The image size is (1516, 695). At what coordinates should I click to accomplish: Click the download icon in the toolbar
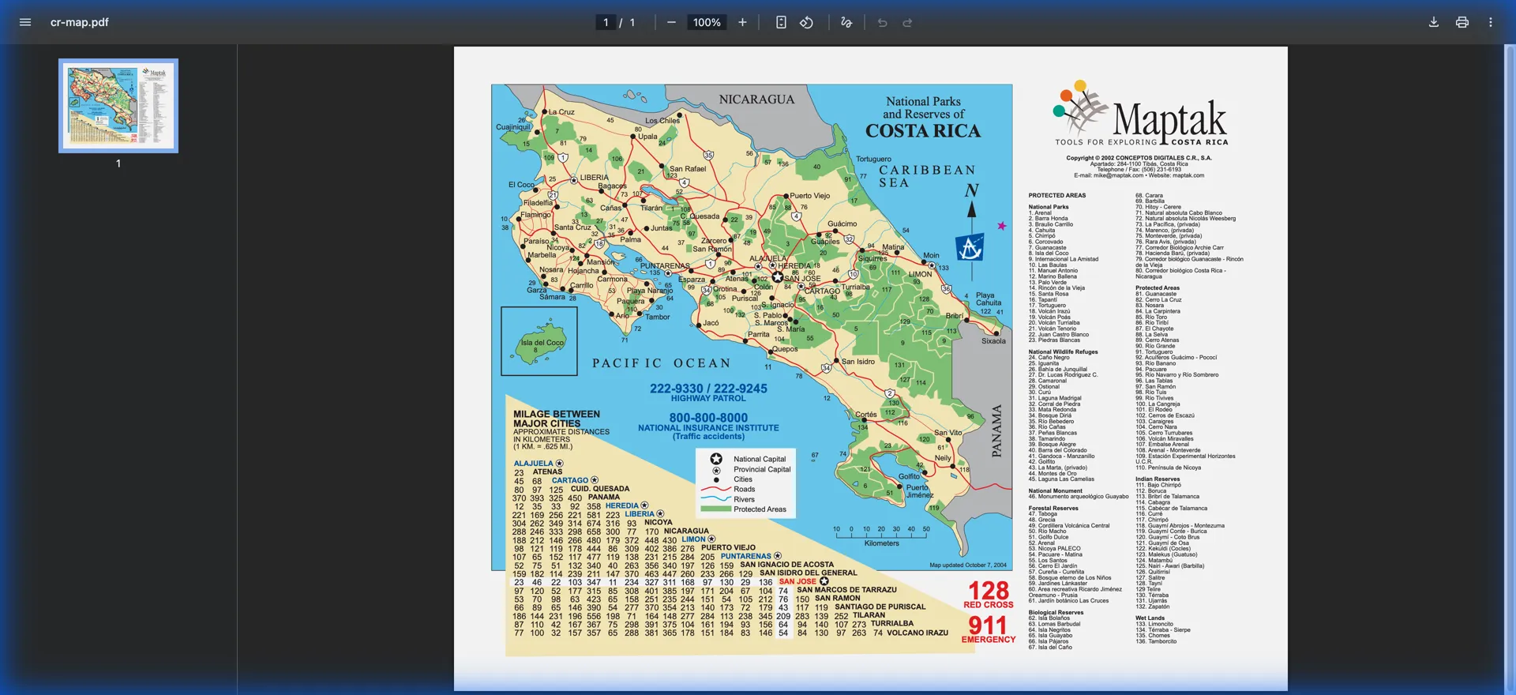coord(1433,22)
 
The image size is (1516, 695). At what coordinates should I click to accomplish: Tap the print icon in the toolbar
coord(1462,22)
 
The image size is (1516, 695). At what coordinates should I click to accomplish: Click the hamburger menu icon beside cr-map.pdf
coord(25,22)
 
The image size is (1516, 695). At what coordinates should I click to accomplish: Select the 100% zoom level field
coord(707,22)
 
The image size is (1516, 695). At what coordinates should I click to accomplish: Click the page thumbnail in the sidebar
coord(118,105)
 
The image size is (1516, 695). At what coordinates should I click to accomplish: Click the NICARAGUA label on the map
coord(756,100)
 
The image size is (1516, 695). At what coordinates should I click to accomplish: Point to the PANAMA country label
coord(996,430)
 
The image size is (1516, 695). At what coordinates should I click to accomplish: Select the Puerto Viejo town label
coord(810,196)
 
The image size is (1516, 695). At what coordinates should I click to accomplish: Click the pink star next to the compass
coord(1002,226)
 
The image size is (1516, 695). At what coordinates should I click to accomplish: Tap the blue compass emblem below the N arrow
coord(970,248)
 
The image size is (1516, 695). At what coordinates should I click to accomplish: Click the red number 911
coord(987,625)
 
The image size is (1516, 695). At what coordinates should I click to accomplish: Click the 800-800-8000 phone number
coord(708,418)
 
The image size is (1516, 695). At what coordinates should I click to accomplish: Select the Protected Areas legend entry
coord(759,509)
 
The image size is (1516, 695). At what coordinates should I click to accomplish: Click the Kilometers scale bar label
coord(881,543)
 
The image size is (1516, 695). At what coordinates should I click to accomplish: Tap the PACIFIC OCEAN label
coord(662,363)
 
